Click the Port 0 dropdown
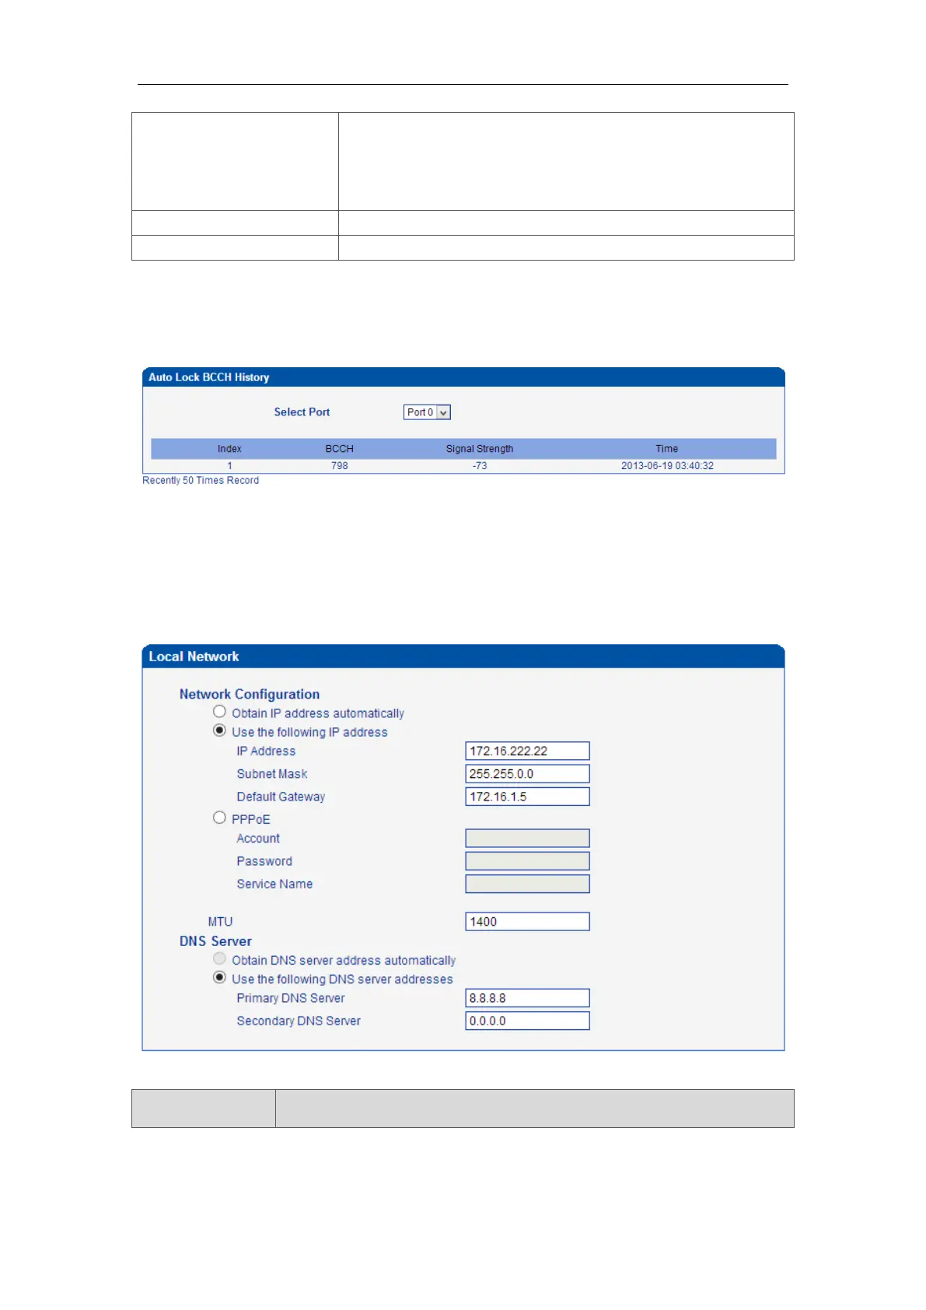point(427,412)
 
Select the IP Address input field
point(527,751)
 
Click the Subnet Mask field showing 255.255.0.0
point(527,773)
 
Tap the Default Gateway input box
point(527,797)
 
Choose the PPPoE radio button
point(220,818)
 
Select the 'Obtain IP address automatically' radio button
point(220,712)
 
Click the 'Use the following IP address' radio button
point(220,730)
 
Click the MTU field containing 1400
point(527,922)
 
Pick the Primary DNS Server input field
point(527,998)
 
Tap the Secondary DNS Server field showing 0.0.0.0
point(527,1021)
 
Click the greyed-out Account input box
point(527,838)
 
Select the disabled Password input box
point(527,861)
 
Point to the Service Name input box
point(527,884)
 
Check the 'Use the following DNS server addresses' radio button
point(220,978)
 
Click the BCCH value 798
point(340,466)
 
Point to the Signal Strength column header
point(480,449)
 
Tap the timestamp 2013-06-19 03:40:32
point(667,466)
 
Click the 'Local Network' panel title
point(194,657)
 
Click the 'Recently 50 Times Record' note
point(201,481)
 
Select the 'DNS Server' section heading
point(215,941)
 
